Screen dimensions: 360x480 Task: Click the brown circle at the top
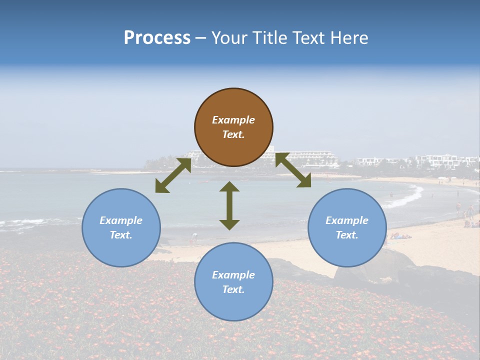click(233, 127)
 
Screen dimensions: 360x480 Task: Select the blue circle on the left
click(121, 227)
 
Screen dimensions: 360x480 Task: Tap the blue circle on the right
click(347, 227)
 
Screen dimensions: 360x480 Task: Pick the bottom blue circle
click(233, 281)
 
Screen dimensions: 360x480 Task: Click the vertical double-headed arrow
click(229, 205)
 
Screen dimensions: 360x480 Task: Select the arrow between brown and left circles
click(173, 175)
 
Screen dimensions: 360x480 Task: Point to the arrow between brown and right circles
click(293, 170)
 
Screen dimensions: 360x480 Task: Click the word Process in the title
click(157, 38)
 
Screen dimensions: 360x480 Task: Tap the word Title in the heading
click(269, 38)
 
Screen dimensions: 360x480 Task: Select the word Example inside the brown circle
click(233, 120)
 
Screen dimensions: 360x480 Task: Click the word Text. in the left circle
click(121, 235)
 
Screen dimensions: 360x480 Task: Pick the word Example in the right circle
click(347, 220)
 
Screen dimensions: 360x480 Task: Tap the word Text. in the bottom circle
click(233, 289)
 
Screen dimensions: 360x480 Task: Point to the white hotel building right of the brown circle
click(307, 159)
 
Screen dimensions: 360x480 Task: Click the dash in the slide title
click(201, 38)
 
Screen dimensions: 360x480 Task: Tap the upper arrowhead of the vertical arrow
click(229, 187)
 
